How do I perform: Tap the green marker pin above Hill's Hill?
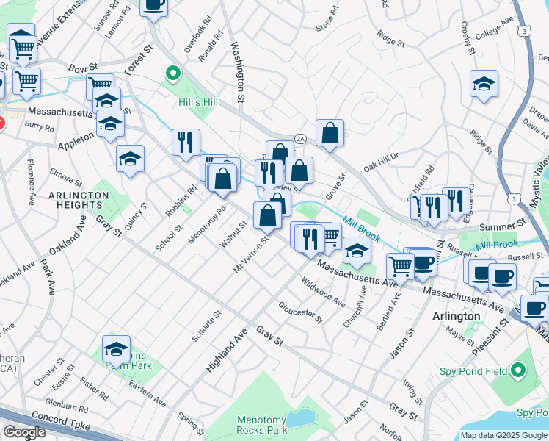point(173,73)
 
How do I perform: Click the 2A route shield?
point(299,138)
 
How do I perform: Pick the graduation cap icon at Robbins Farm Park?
point(116,348)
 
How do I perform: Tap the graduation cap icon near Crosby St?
point(484,83)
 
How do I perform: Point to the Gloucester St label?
point(299,311)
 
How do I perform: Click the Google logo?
point(25,431)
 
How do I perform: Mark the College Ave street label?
point(497,34)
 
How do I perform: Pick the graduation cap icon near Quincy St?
point(130,157)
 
